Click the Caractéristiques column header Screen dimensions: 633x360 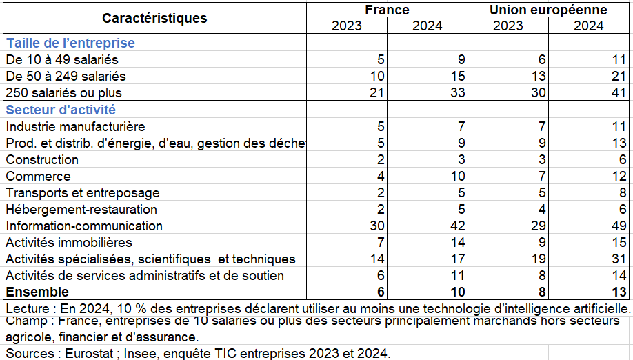[154, 18]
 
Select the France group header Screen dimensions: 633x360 [387, 10]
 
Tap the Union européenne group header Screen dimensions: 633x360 [548, 10]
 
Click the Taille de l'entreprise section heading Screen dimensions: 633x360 [70, 43]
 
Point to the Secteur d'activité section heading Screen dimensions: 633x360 [61, 110]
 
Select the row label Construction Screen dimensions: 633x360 [42, 160]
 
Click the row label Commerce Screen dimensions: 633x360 [39, 177]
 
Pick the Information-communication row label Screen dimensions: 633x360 [84, 226]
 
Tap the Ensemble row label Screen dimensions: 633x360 [37, 292]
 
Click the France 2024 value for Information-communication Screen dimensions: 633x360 [457, 226]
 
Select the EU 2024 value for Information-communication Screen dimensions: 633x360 [619, 226]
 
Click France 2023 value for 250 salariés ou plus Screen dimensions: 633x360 [376, 93]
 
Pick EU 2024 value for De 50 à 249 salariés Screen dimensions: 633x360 [619, 77]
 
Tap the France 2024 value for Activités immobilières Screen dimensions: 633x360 [458, 243]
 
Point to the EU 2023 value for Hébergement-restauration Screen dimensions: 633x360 [542, 210]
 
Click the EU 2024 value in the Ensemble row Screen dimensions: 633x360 [619, 292]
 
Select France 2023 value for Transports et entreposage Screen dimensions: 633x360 [381, 193]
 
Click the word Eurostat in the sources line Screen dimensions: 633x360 [89, 354]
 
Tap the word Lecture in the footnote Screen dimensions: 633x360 [28, 309]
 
